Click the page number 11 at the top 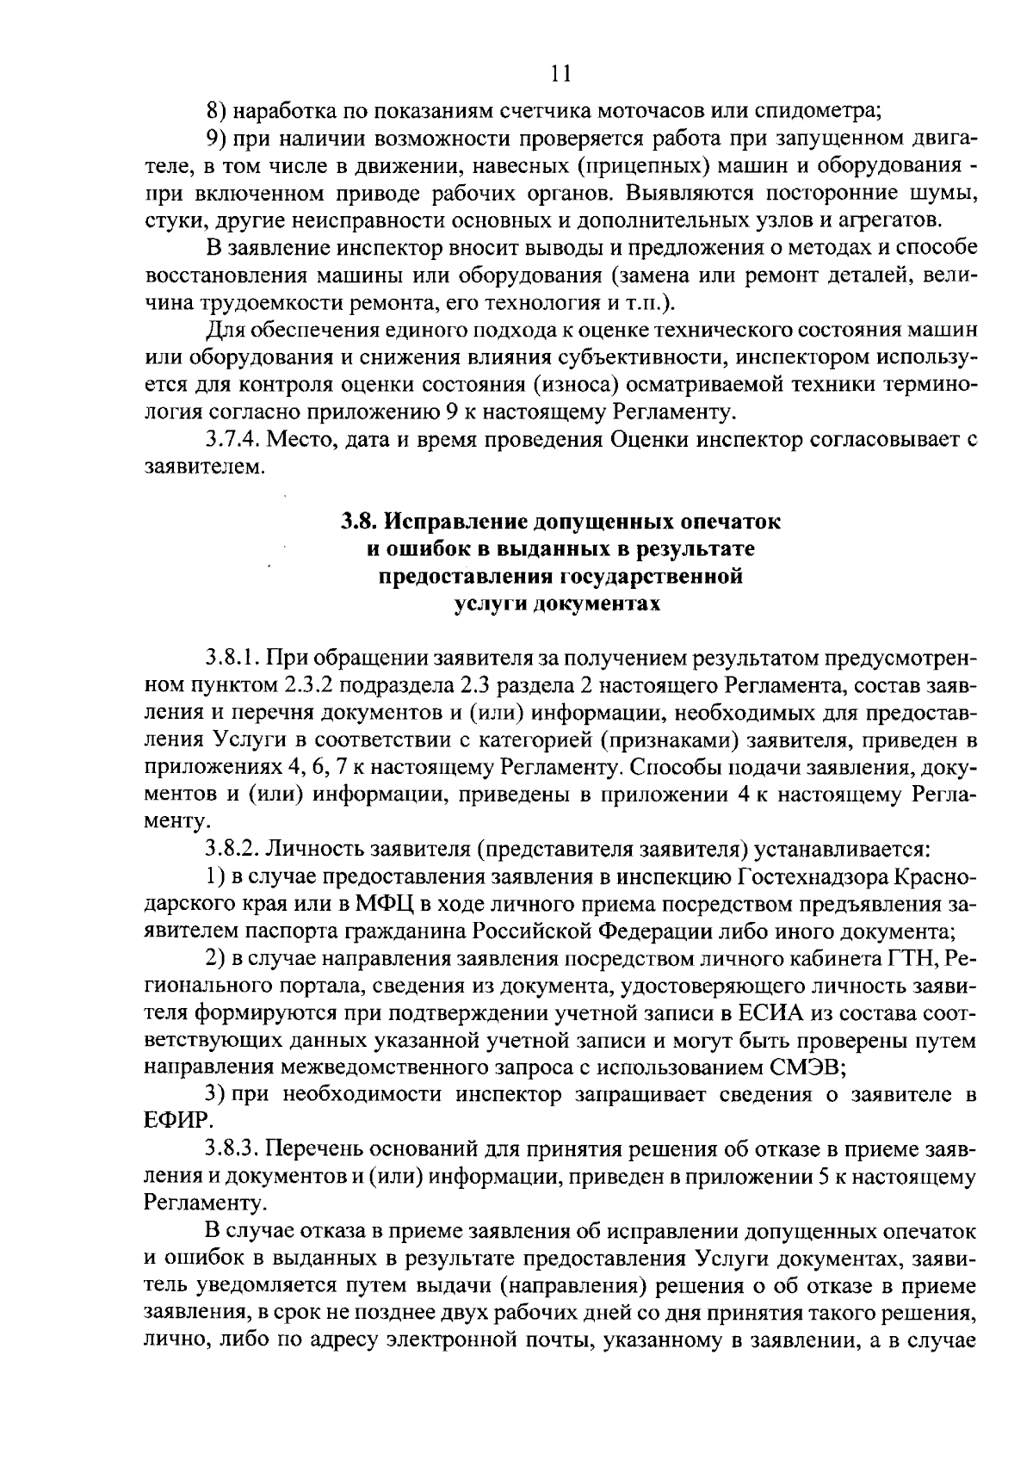coord(560,74)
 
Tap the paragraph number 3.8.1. coord(233,659)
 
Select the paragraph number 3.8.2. coord(233,851)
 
